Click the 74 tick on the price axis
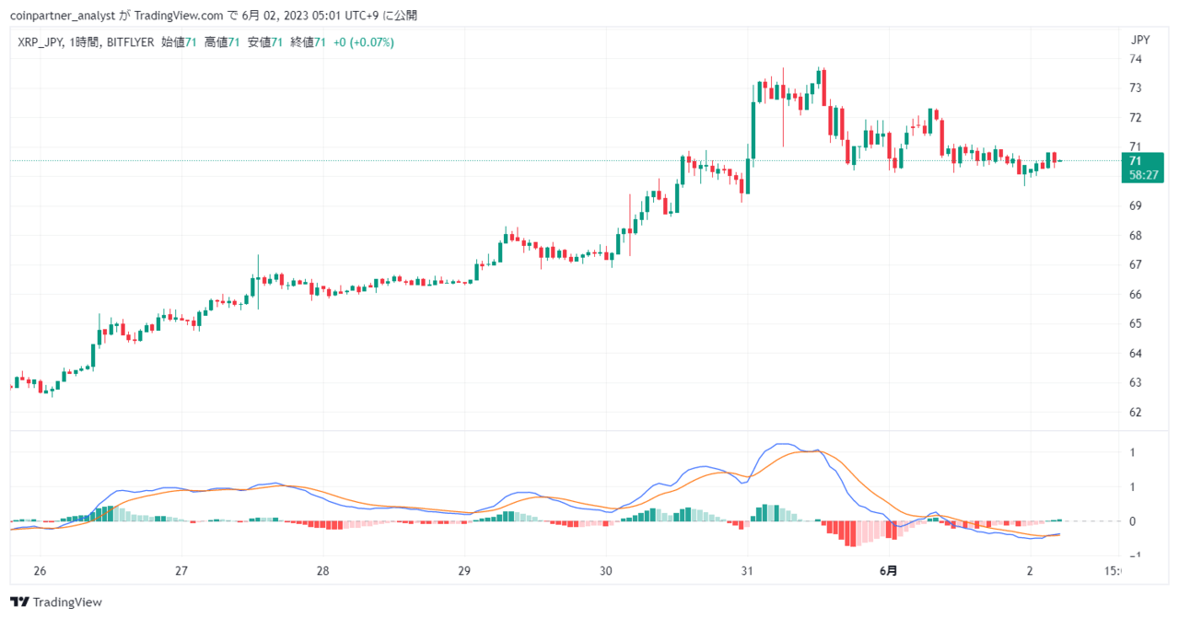[x=1136, y=59]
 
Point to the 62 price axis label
[x=1136, y=412]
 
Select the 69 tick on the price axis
[x=1136, y=205]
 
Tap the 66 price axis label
[x=1136, y=294]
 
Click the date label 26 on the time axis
[x=40, y=570]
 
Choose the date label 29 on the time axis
[x=463, y=570]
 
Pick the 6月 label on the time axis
[x=889, y=570]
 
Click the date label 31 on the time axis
[x=747, y=570]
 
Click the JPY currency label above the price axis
[x=1140, y=40]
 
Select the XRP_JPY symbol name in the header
[x=40, y=42]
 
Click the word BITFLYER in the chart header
[x=131, y=42]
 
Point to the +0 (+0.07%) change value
[x=364, y=42]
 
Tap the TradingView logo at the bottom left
[x=56, y=601]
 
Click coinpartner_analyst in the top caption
[x=63, y=16]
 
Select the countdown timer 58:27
[x=1144, y=175]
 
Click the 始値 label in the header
[x=172, y=42]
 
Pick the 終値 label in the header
[x=302, y=42]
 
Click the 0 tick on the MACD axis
[x=1132, y=521]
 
